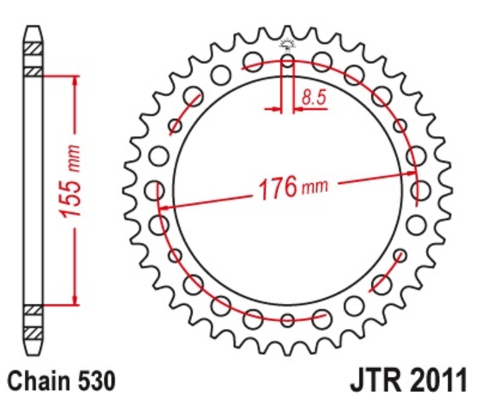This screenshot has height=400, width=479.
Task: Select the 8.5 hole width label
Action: pos(314,97)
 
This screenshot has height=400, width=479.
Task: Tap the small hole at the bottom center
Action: pos(287,320)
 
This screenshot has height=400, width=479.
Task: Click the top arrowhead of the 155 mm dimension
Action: pos(75,81)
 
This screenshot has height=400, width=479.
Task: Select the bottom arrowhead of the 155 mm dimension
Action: pos(75,299)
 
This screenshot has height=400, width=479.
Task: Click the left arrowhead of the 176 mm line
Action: pos(163,208)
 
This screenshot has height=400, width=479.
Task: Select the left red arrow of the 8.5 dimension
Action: pos(276,110)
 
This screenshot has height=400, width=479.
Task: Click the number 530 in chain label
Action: pos(94,381)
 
